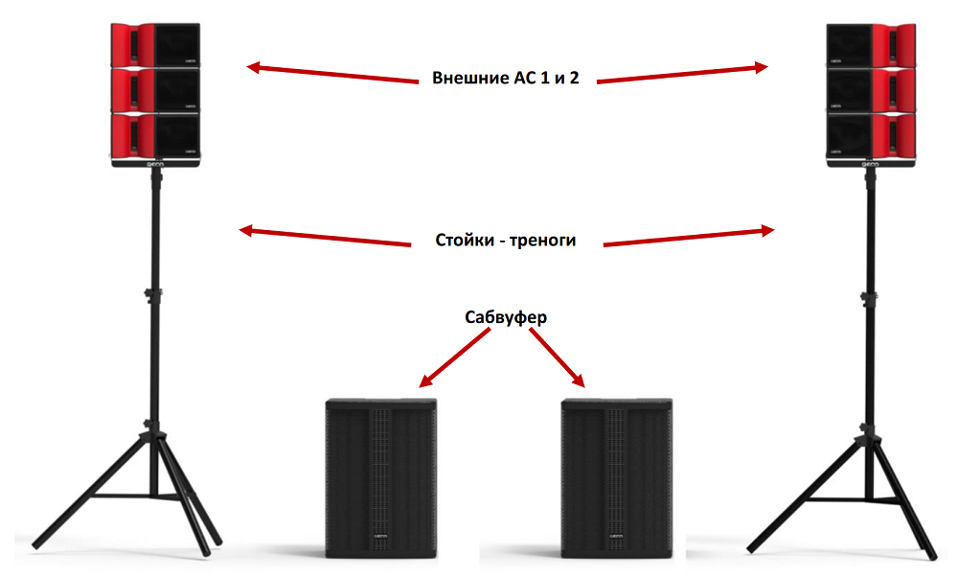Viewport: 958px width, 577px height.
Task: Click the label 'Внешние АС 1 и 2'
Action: click(506, 78)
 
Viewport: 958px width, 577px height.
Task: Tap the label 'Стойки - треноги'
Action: click(506, 240)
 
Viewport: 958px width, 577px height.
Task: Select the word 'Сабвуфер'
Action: click(506, 317)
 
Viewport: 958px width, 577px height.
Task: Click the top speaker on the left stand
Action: click(156, 44)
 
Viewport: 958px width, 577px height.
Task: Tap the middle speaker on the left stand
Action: click(156, 90)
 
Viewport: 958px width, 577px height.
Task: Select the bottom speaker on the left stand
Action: click(156, 135)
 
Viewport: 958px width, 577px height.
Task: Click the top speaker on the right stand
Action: click(873, 44)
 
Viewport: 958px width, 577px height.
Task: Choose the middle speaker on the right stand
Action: click(873, 90)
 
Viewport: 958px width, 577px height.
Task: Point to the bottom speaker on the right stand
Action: click(873, 135)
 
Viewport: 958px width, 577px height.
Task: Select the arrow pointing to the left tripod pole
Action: click(326, 236)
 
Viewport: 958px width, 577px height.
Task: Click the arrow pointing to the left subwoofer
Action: click(457, 357)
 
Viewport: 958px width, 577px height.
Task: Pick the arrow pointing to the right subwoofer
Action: click(555, 357)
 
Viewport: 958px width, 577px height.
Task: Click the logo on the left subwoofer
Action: click(380, 537)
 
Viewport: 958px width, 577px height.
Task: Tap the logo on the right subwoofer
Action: click(617, 537)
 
